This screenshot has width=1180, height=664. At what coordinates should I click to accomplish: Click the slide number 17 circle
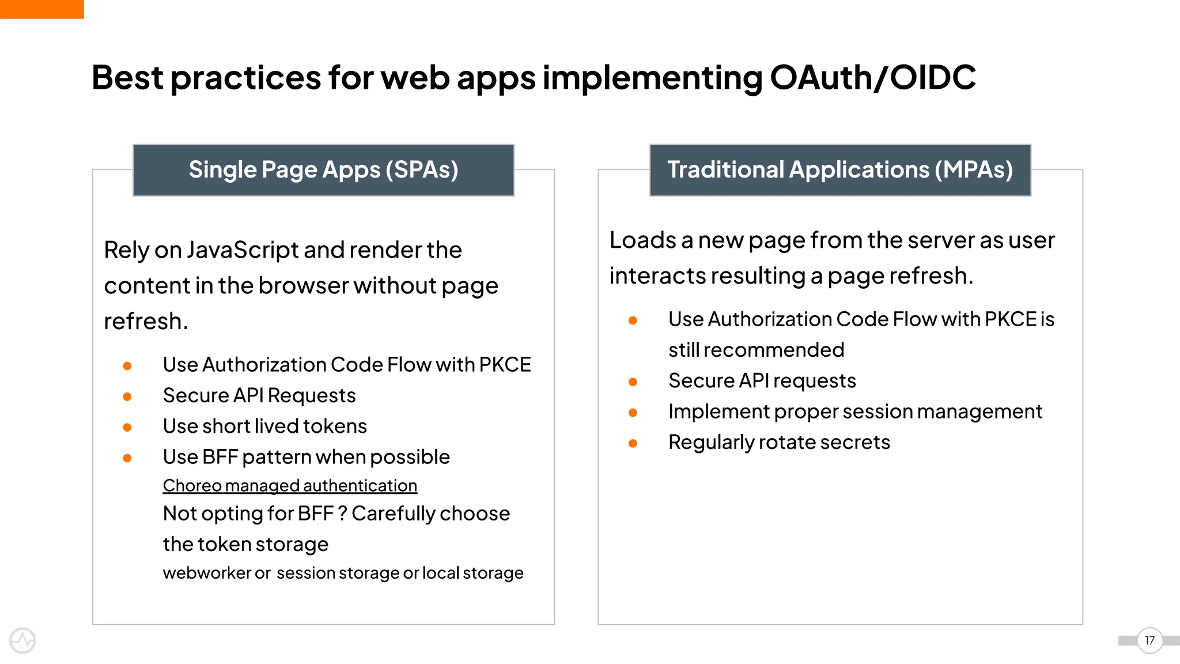pyautogui.click(x=1149, y=640)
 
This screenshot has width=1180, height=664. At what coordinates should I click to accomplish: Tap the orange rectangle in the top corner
pyautogui.click(x=41, y=9)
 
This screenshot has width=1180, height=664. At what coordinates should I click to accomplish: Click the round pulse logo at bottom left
pyautogui.click(x=22, y=640)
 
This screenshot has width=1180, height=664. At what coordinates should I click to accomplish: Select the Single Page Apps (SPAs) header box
pyautogui.click(x=323, y=170)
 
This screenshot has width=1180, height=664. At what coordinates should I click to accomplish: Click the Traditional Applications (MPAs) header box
pyautogui.click(x=840, y=170)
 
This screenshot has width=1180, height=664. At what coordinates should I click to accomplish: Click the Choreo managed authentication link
pyautogui.click(x=290, y=485)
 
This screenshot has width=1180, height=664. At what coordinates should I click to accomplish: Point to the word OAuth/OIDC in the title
pyautogui.click(x=872, y=77)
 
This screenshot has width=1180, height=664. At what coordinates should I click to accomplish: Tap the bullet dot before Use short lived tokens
pyautogui.click(x=127, y=427)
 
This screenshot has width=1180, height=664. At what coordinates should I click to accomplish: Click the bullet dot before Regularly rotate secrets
pyautogui.click(x=633, y=443)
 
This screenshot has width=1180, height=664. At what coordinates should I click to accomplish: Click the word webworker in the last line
pyautogui.click(x=207, y=573)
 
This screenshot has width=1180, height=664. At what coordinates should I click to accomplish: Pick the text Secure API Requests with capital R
pyautogui.click(x=259, y=395)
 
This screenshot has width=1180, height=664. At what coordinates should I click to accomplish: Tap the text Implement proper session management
pyautogui.click(x=855, y=412)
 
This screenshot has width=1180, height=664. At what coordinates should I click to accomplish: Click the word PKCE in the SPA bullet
pyautogui.click(x=505, y=365)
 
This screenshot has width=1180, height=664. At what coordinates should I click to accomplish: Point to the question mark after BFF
pyautogui.click(x=342, y=514)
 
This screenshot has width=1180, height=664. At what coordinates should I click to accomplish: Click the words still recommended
pyautogui.click(x=756, y=350)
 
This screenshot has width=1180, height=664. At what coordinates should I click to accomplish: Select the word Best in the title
pyautogui.click(x=127, y=77)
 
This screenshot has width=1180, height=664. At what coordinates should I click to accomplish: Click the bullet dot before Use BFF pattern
pyautogui.click(x=127, y=458)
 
